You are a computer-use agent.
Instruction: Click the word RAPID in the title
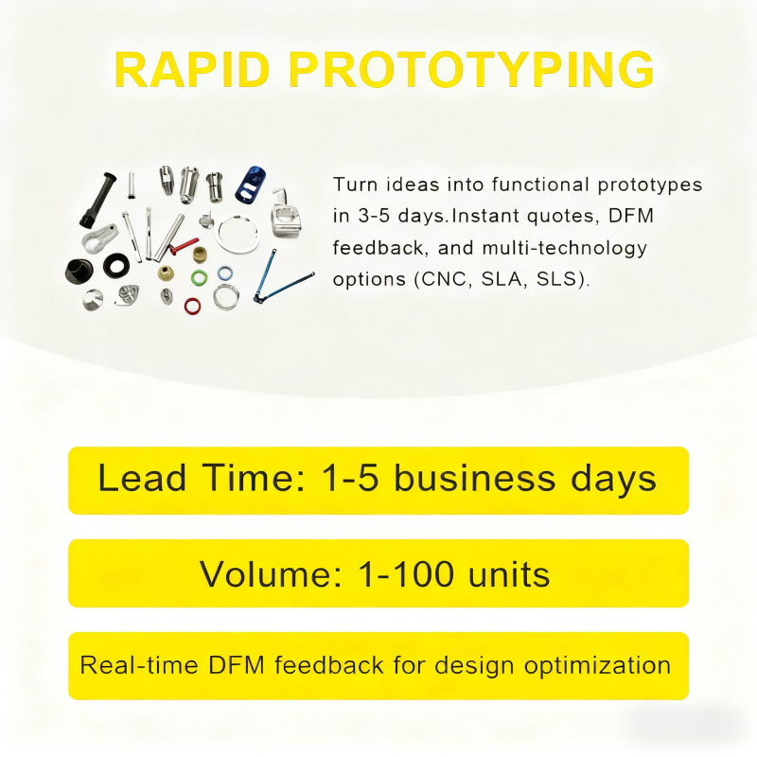tap(192, 70)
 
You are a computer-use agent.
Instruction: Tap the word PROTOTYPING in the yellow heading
tap(471, 70)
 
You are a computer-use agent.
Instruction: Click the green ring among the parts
tap(199, 277)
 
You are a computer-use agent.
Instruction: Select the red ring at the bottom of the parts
tap(193, 306)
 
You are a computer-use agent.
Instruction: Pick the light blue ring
tap(225, 273)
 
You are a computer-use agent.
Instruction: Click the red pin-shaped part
tap(183, 247)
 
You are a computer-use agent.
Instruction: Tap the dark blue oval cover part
tap(251, 184)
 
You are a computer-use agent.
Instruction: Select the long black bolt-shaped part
tap(98, 200)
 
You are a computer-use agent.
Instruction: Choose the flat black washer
tap(116, 265)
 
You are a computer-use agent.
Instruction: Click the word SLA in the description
tap(502, 279)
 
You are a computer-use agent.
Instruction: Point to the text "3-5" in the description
tap(374, 216)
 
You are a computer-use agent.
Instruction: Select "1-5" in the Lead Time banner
tap(349, 479)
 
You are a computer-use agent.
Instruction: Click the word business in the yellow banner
tap(475, 478)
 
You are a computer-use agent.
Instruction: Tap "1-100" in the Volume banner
tap(406, 574)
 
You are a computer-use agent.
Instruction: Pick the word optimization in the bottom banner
tap(597, 666)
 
